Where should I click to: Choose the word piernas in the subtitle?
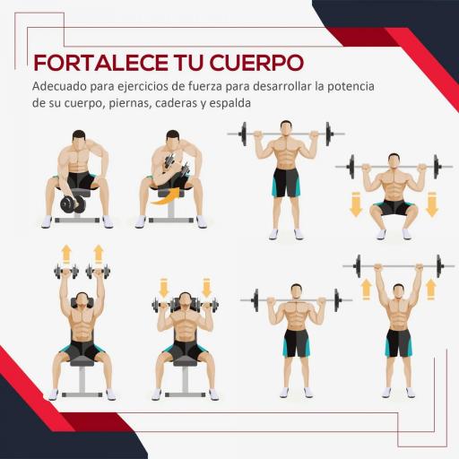[x=126, y=103]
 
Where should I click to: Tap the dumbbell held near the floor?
[x=72, y=204]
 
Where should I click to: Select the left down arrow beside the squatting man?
[x=355, y=205]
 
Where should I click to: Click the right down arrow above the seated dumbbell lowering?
[x=207, y=288]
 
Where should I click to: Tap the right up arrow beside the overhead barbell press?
[x=429, y=289]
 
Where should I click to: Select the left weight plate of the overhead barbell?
[x=359, y=266]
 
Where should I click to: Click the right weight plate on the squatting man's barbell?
[x=437, y=167]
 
